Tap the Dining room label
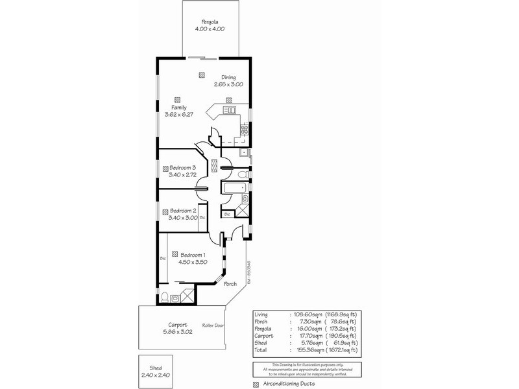(228, 77)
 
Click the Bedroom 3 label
(183, 168)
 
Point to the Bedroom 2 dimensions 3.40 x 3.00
(183, 218)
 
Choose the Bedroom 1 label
(193, 255)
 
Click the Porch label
(230, 284)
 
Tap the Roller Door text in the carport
(213, 325)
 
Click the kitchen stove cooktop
(245, 129)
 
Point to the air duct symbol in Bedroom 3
(165, 168)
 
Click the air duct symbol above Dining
(202, 75)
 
